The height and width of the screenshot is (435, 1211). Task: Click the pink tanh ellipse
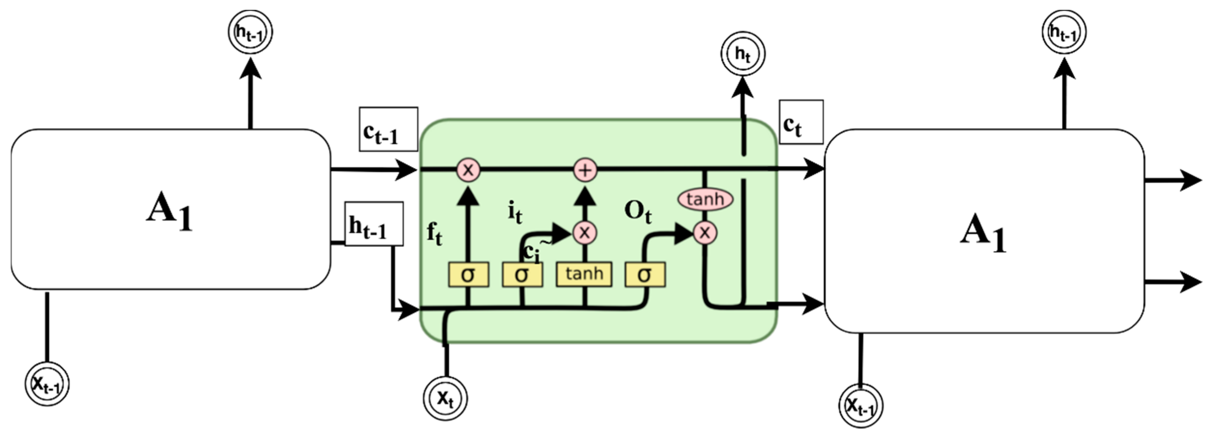[x=705, y=199]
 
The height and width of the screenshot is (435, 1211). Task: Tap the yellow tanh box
[x=584, y=274]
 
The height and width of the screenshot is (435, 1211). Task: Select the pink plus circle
[x=585, y=170]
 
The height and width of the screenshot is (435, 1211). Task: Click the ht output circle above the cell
[x=742, y=54]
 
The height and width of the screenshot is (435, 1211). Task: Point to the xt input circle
[x=445, y=398]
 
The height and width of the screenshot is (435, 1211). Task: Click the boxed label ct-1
[x=388, y=129]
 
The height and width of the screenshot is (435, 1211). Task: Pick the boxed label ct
[x=801, y=122]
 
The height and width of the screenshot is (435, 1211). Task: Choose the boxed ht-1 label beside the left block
[x=374, y=224]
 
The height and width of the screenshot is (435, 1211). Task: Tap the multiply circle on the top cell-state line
[x=468, y=170]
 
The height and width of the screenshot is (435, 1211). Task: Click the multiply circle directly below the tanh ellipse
[x=705, y=232]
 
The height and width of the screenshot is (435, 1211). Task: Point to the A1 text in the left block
[x=170, y=210]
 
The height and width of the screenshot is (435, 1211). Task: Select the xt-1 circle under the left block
[x=46, y=384]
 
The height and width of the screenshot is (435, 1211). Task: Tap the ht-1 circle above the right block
[x=1064, y=32]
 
